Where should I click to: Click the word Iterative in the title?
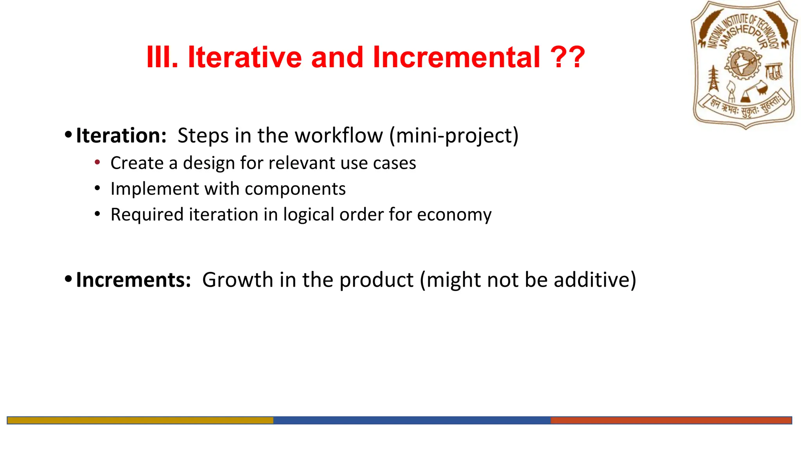(244, 57)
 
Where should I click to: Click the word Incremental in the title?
(456, 57)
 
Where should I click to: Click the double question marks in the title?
(567, 57)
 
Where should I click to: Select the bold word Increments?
(133, 280)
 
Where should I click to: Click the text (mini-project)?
(454, 136)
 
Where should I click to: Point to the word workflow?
(339, 136)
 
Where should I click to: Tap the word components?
(295, 189)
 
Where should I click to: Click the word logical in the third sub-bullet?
(309, 215)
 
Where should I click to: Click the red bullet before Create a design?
(97, 162)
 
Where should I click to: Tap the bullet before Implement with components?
(97, 188)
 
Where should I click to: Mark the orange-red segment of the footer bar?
(671, 420)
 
